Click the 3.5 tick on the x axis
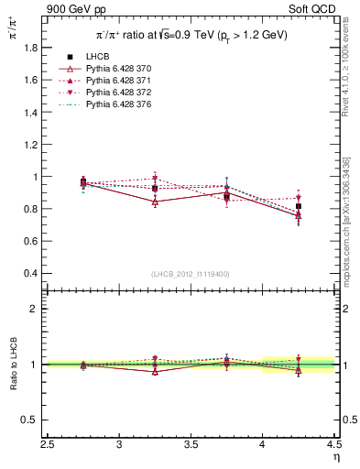(191, 446)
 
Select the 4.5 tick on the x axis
(333, 446)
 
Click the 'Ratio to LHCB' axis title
(14, 365)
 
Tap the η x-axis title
(336, 457)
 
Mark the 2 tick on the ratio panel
(35, 309)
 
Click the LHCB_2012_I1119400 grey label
(191, 274)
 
